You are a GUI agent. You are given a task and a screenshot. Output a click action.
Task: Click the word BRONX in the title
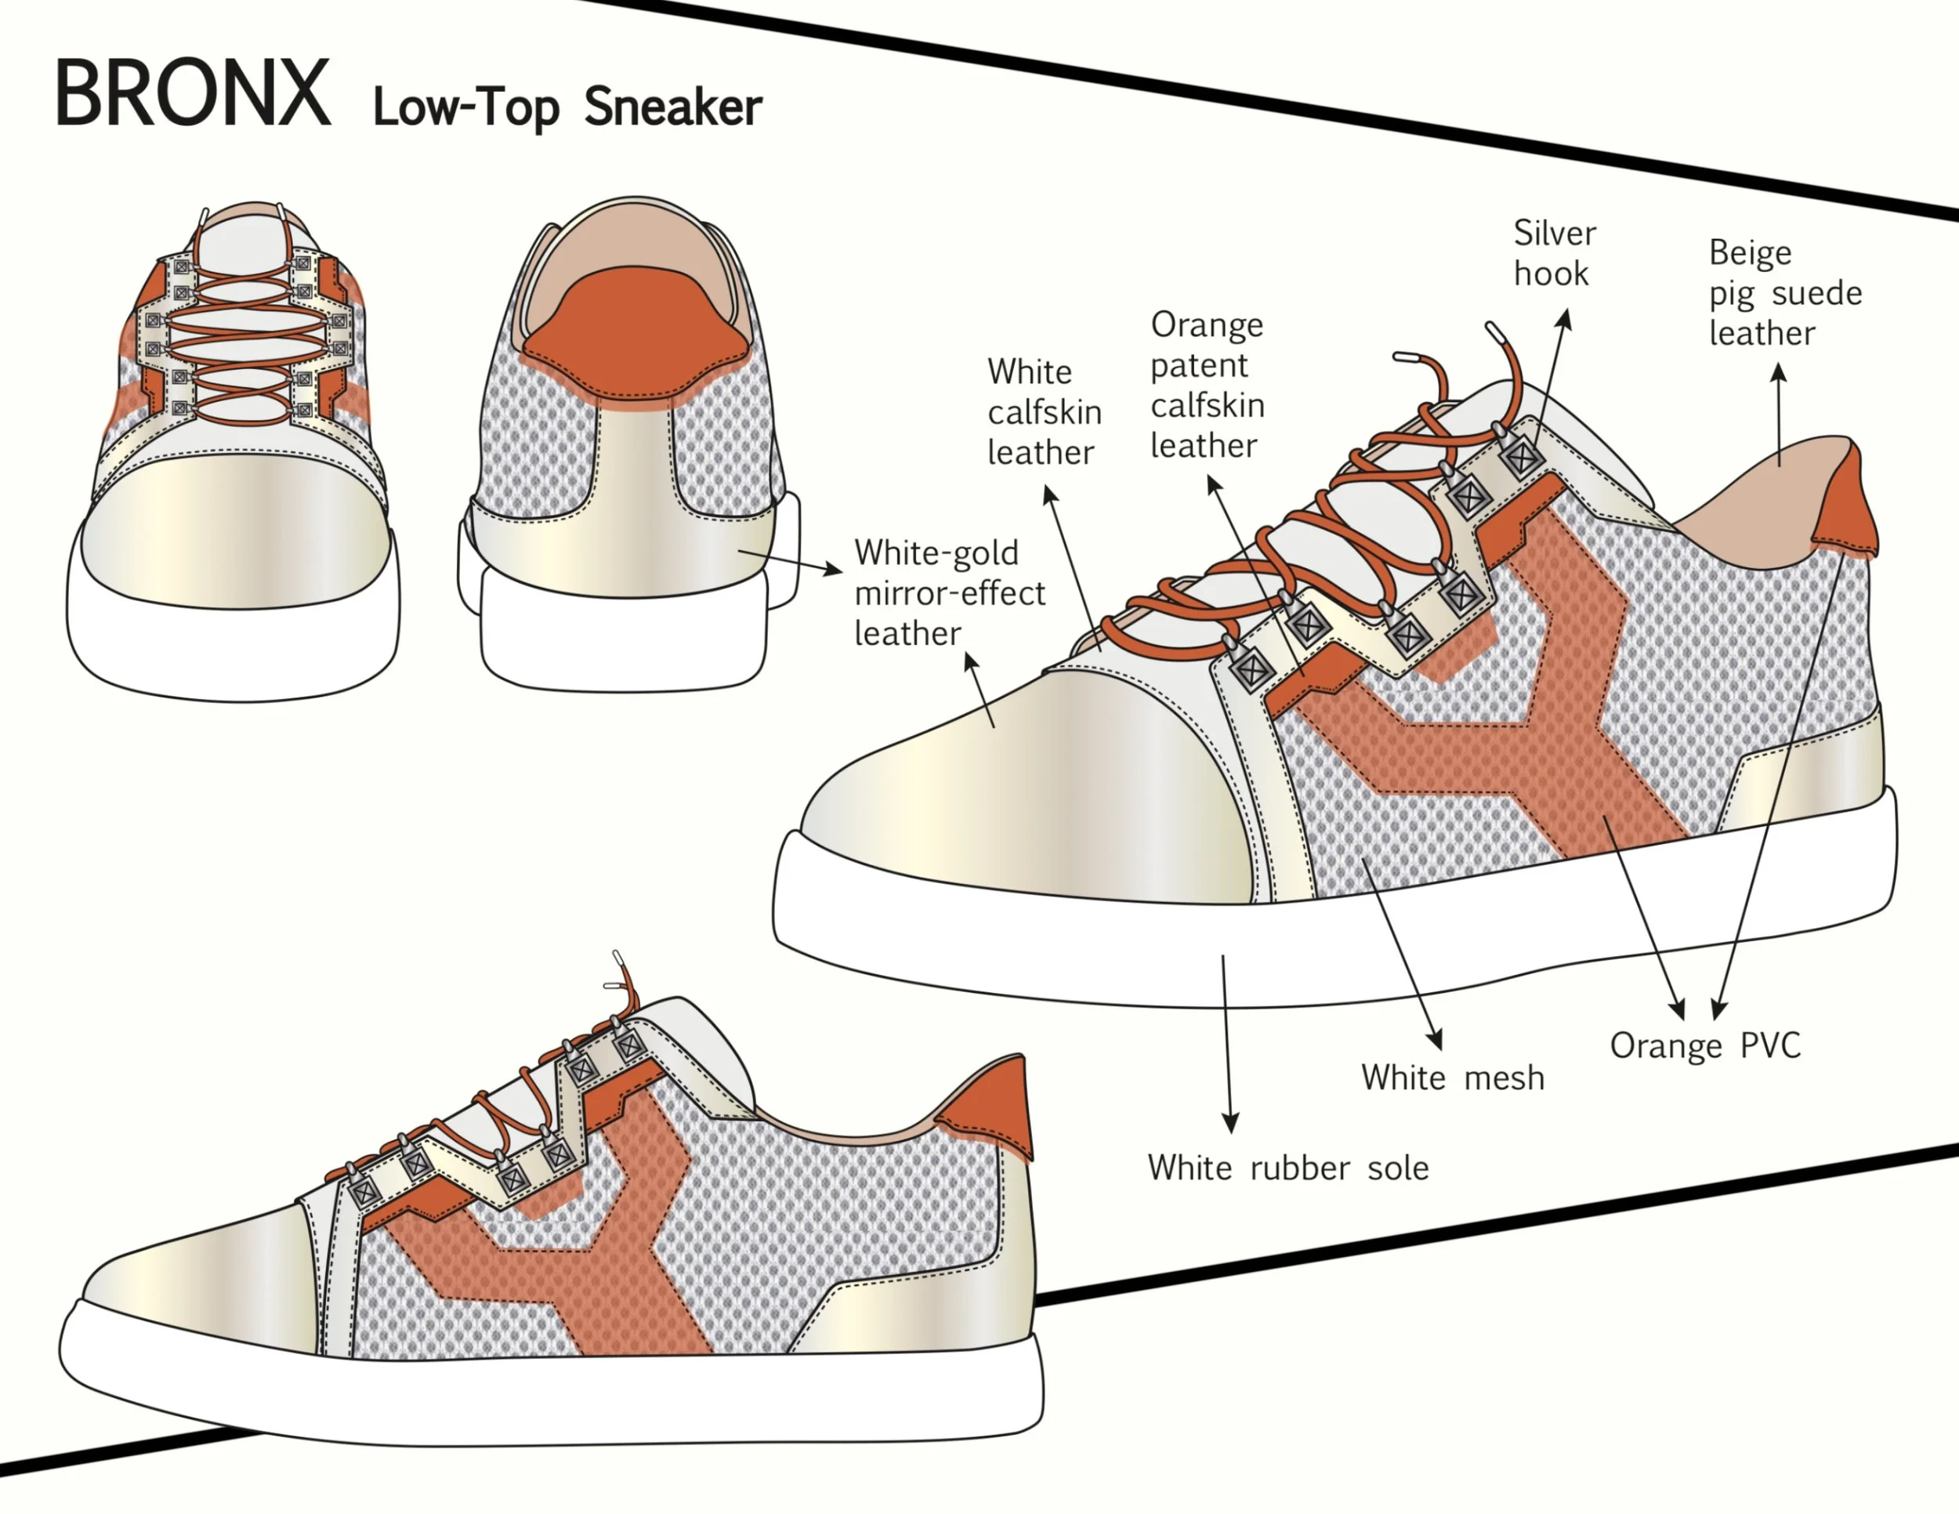click(192, 93)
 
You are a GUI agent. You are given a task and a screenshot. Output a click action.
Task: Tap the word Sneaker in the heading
click(673, 107)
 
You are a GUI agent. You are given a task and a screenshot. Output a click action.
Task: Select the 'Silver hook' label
click(1555, 253)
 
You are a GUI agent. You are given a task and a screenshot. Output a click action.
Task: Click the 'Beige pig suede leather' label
click(1784, 292)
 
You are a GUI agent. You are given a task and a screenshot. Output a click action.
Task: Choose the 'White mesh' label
click(1452, 1078)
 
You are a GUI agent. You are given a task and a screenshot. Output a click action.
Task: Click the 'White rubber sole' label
click(1287, 1168)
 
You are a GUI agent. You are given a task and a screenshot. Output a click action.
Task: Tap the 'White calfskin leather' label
click(1044, 411)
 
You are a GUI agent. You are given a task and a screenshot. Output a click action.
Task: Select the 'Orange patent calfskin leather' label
click(1208, 385)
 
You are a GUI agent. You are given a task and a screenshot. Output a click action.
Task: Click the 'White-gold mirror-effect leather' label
click(949, 593)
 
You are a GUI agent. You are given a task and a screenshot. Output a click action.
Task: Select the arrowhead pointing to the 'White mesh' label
click(1436, 1040)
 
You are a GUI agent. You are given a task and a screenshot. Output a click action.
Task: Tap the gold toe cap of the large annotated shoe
click(1023, 789)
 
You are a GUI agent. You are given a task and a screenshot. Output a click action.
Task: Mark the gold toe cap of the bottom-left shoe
click(206, 1273)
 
